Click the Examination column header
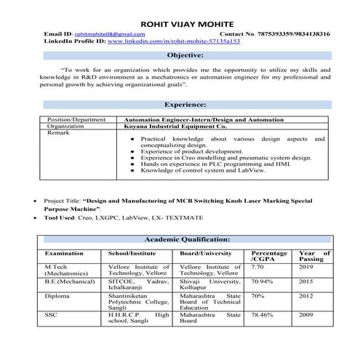coord(65,253)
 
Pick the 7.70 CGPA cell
coord(258,268)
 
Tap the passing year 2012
coord(306,296)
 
